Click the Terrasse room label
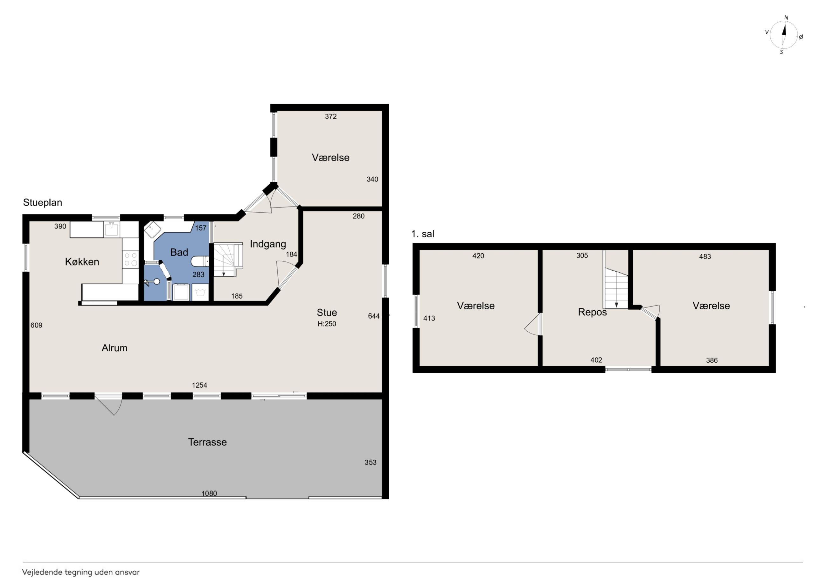pos(207,442)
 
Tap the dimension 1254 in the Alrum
pos(199,385)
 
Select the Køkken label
pos(82,262)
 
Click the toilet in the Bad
pos(199,261)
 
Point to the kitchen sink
pos(111,229)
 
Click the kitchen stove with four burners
pos(130,259)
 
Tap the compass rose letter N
pos(786,18)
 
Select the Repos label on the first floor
pos(592,312)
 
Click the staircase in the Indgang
pos(228,259)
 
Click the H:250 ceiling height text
pos(327,324)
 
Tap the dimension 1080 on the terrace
pos(209,493)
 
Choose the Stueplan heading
pos(43,202)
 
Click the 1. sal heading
pos(422,234)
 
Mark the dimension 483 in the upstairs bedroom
pos(705,257)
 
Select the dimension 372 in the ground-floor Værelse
pos(331,116)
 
